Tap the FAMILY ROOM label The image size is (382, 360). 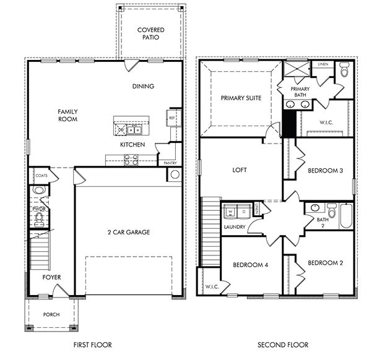click(67, 115)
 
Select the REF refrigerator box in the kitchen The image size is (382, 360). click(171, 116)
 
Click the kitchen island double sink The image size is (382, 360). click(134, 129)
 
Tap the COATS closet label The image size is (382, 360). click(41, 176)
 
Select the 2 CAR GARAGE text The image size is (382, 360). click(129, 233)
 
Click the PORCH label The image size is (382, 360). click(51, 314)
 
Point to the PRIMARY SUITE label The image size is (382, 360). click(241, 98)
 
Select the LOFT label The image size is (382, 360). click(240, 170)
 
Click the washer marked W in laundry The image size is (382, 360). click(231, 212)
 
